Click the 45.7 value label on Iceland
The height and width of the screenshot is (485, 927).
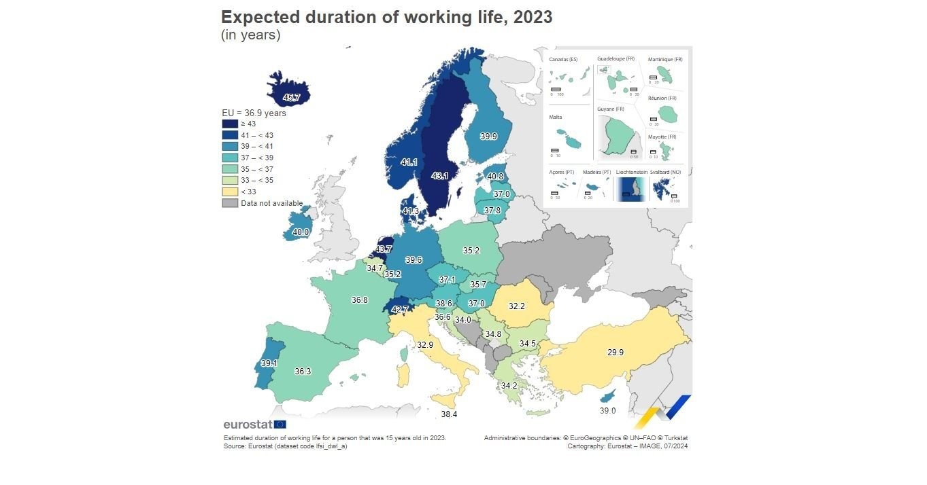pos(292,98)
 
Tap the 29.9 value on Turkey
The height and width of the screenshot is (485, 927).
pos(616,353)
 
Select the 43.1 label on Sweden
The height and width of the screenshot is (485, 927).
pos(440,176)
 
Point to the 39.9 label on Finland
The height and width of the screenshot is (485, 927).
pos(488,137)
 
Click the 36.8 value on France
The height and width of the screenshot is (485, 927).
pos(360,300)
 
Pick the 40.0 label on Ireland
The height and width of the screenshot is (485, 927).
pos(301,232)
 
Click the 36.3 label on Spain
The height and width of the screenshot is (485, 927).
pos(303,372)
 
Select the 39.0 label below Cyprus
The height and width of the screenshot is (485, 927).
pos(607,411)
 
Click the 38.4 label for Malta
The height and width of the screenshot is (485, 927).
pos(449,414)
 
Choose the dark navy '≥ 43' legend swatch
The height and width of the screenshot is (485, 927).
pos(230,124)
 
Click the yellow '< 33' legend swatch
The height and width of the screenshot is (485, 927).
pos(230,192)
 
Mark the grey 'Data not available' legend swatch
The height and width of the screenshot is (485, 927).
pos(230,203)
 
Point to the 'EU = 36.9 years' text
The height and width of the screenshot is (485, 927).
pos(254,113)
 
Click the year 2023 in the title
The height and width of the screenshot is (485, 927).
pos(533,18)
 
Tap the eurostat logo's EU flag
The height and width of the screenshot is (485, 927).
pos(280,425)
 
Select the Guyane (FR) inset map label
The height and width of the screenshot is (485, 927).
pos(611,109)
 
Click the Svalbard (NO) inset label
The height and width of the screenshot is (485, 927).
pos(665,173)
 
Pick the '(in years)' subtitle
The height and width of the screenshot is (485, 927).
pos(250,35)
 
